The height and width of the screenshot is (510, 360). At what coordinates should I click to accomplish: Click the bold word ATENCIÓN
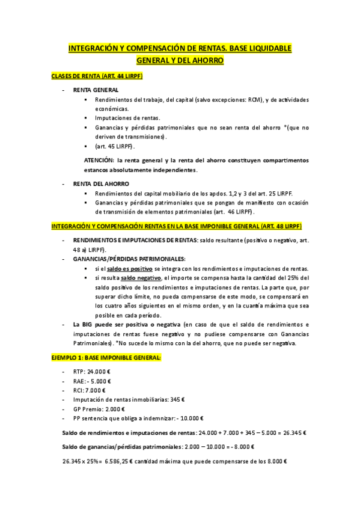click(99, 161)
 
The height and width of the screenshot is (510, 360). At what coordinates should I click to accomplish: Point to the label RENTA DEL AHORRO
click(101, 183)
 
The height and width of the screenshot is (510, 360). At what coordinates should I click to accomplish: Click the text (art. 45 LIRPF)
click(115, 146)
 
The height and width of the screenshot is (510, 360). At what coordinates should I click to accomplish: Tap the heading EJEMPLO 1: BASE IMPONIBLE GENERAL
click(106, 358)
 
